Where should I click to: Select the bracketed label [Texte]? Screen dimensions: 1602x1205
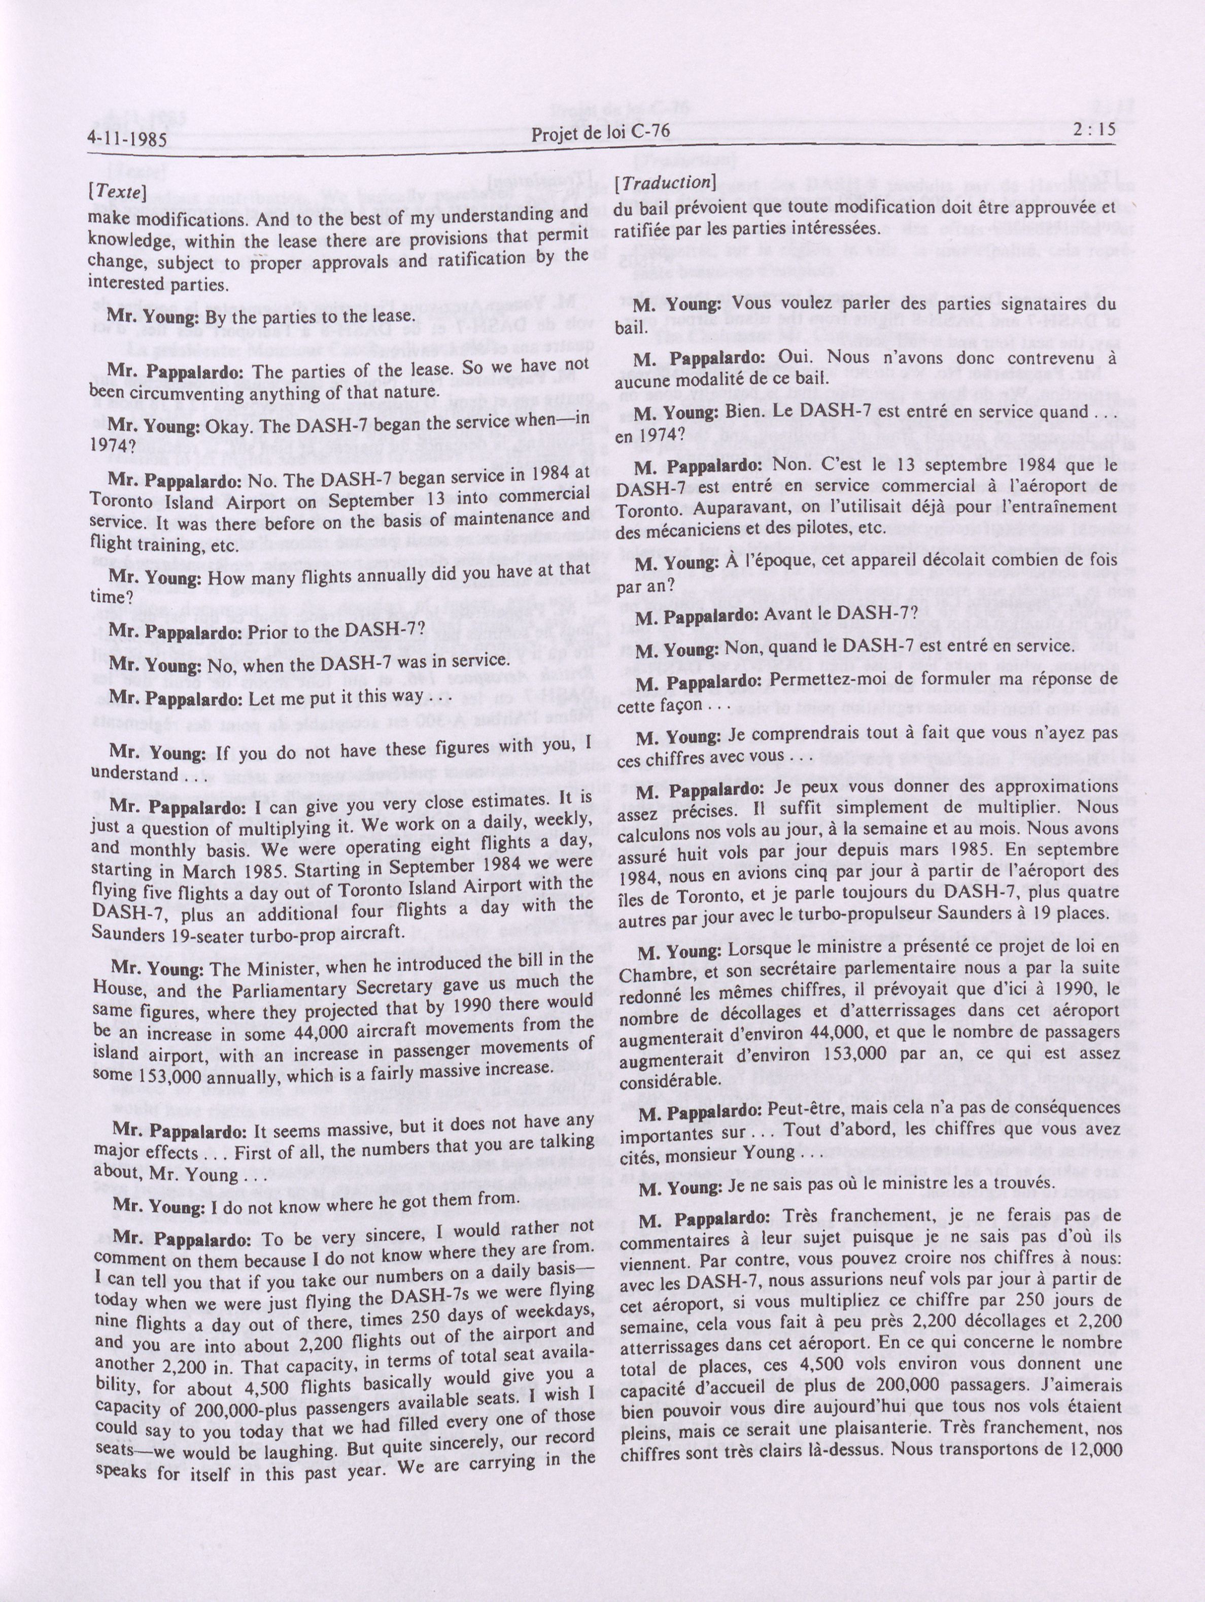(x=117, y=192)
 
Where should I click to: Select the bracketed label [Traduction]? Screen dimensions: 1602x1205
(x=665, y=183)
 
